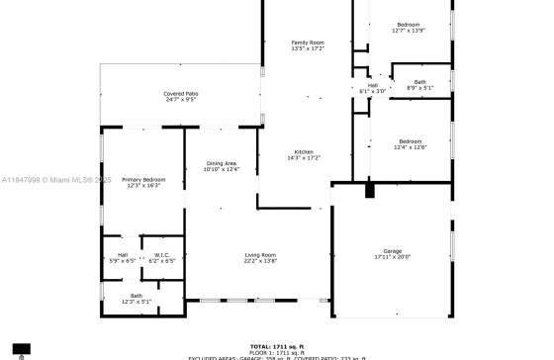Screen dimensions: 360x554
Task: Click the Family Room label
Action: (x=307, y=43)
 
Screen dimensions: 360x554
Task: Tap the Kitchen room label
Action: (x=303, y=151)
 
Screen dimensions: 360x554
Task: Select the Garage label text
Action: (x=393, y=251)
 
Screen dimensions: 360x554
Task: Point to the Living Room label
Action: (x=260, y=255)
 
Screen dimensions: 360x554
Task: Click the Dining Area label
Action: (x=221, y=163)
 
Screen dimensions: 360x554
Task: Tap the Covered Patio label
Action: (x=180, y=93)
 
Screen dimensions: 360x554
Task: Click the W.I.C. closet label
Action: (x=162, y=255)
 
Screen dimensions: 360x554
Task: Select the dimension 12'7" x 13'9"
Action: (x=409, y=31)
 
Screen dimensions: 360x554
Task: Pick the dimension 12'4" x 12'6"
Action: (x=410, y=147)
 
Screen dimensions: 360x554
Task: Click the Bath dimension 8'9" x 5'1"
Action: (x=420, y=88)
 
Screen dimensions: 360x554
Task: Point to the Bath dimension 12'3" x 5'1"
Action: (x=137, y=302)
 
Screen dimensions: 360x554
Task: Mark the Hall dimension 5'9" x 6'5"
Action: (x=122, y=261)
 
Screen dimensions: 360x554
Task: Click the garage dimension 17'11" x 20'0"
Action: (x=393, y=257)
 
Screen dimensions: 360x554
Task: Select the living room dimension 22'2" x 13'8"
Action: (x=260, y=261)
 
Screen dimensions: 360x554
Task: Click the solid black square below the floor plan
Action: (x=21, y=348)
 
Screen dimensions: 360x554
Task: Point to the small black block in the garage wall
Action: (x=369, y=191)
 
